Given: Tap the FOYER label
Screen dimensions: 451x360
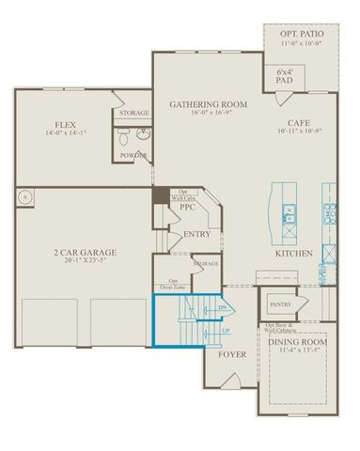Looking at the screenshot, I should tap(231, 355).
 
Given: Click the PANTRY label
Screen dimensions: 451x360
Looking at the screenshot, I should tap(279, 304).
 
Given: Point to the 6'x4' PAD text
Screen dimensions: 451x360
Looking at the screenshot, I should tap(284, 76).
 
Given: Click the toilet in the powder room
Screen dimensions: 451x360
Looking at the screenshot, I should tap(124, 137).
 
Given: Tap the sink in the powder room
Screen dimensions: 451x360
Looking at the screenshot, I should tap(143, 134).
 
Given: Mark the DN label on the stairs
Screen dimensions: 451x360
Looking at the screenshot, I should tap(222, 306).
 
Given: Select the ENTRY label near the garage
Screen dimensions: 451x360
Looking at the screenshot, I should tap(197, 234).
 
